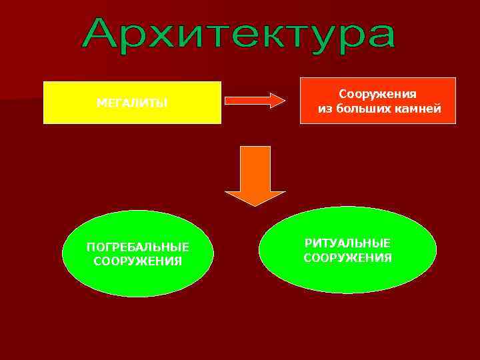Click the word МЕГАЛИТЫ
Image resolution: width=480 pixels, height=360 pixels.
[132, 103]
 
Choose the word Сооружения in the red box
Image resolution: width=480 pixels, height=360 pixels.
[378, 95]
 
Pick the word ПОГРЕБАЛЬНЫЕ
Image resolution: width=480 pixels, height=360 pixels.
[138, 247]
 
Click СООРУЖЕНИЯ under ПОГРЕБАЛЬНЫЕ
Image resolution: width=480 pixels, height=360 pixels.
[138, 261]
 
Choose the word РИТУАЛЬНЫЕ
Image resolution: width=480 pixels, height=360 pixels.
[347, 243]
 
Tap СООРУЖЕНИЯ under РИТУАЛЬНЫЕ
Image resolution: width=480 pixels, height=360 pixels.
[347, 257]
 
